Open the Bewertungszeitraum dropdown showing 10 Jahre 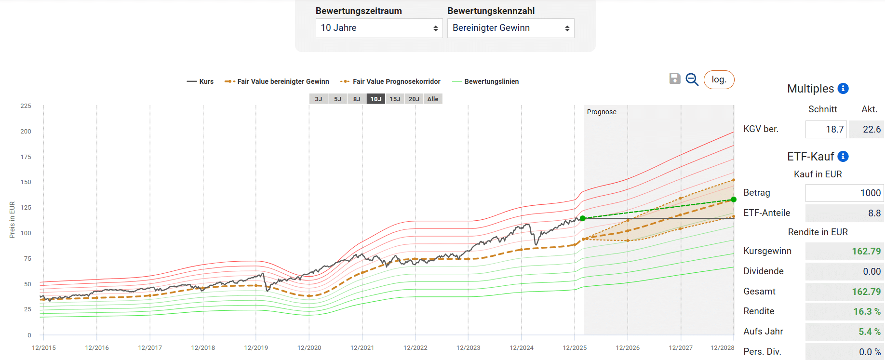point(379,28)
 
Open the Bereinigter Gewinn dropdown point(510,28)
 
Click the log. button point(719,80)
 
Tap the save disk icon point(675,79)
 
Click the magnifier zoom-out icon point(692,79)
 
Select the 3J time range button point(319,99)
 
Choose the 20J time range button point(414,99)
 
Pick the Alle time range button point(433,99)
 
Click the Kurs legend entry point(201,81)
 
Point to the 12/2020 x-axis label point(309,347)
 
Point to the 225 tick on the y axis point(26,106)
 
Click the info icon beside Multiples point(843,88)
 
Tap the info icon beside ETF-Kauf point(843,156)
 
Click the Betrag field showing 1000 point(844,193)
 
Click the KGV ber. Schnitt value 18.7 point(826,129)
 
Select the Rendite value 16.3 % point(844,311)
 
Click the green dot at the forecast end point(734,200)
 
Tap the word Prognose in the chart point(602,112)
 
